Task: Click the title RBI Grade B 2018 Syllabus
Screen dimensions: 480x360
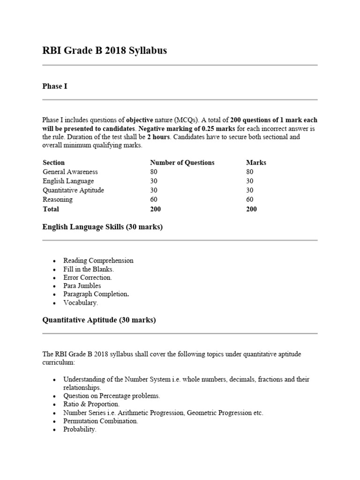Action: pos(105,51)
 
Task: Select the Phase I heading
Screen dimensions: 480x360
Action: pos(55,86)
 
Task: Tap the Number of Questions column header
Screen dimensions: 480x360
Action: pos(182,163)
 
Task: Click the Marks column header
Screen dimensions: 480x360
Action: pos(256,163)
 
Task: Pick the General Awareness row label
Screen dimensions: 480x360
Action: pos(70,172)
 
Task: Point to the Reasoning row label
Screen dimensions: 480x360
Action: pos(58,200)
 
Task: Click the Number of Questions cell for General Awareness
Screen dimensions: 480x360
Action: pos(154,172)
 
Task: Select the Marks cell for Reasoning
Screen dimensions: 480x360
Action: pos(250,200)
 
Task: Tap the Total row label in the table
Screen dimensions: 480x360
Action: pos(51,209)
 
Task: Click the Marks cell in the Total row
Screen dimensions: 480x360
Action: pos(251,209)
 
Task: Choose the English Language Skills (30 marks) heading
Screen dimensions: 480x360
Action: pos(103,227)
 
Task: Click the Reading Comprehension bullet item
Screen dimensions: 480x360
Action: pos(98,261)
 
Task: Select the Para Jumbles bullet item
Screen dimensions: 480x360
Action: pos(82,286)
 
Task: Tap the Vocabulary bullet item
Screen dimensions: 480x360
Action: pos(81,303)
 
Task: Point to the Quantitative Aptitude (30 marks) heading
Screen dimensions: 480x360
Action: pos(99,321)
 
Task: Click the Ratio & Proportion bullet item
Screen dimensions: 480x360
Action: pos(91,404)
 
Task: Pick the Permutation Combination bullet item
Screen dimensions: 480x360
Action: pos(101,421)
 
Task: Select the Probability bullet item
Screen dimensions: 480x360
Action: pos(80,429)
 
